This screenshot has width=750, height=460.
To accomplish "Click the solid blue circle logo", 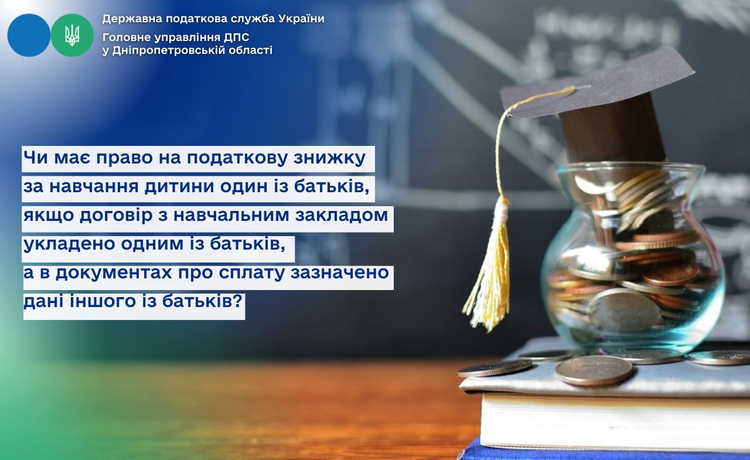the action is (x=29, y=35).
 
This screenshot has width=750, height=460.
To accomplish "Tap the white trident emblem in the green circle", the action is (x=72, y=35).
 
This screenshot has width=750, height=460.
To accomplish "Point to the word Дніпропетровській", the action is (x=165, y=50).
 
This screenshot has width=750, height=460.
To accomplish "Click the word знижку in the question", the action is (x=329, y=158).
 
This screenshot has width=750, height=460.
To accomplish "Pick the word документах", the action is (x=114, y=273).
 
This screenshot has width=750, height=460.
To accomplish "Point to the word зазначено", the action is (x=340, y=273).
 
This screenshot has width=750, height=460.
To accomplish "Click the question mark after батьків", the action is (x=237, y=301).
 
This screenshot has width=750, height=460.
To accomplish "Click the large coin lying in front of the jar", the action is (x=594, y=370).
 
